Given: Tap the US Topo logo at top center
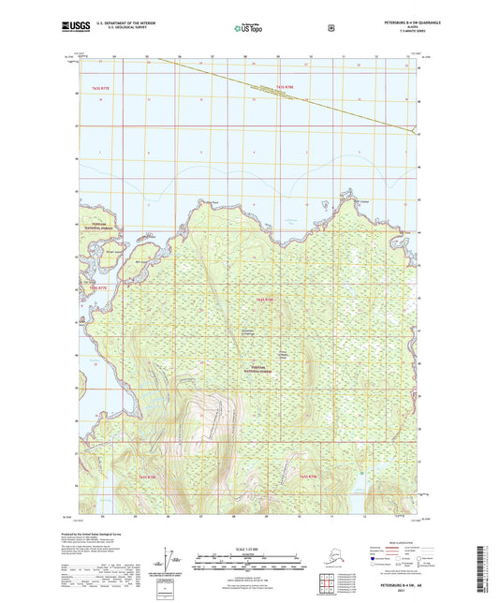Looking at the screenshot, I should [249, 28].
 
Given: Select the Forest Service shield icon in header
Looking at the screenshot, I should [331, 28].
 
